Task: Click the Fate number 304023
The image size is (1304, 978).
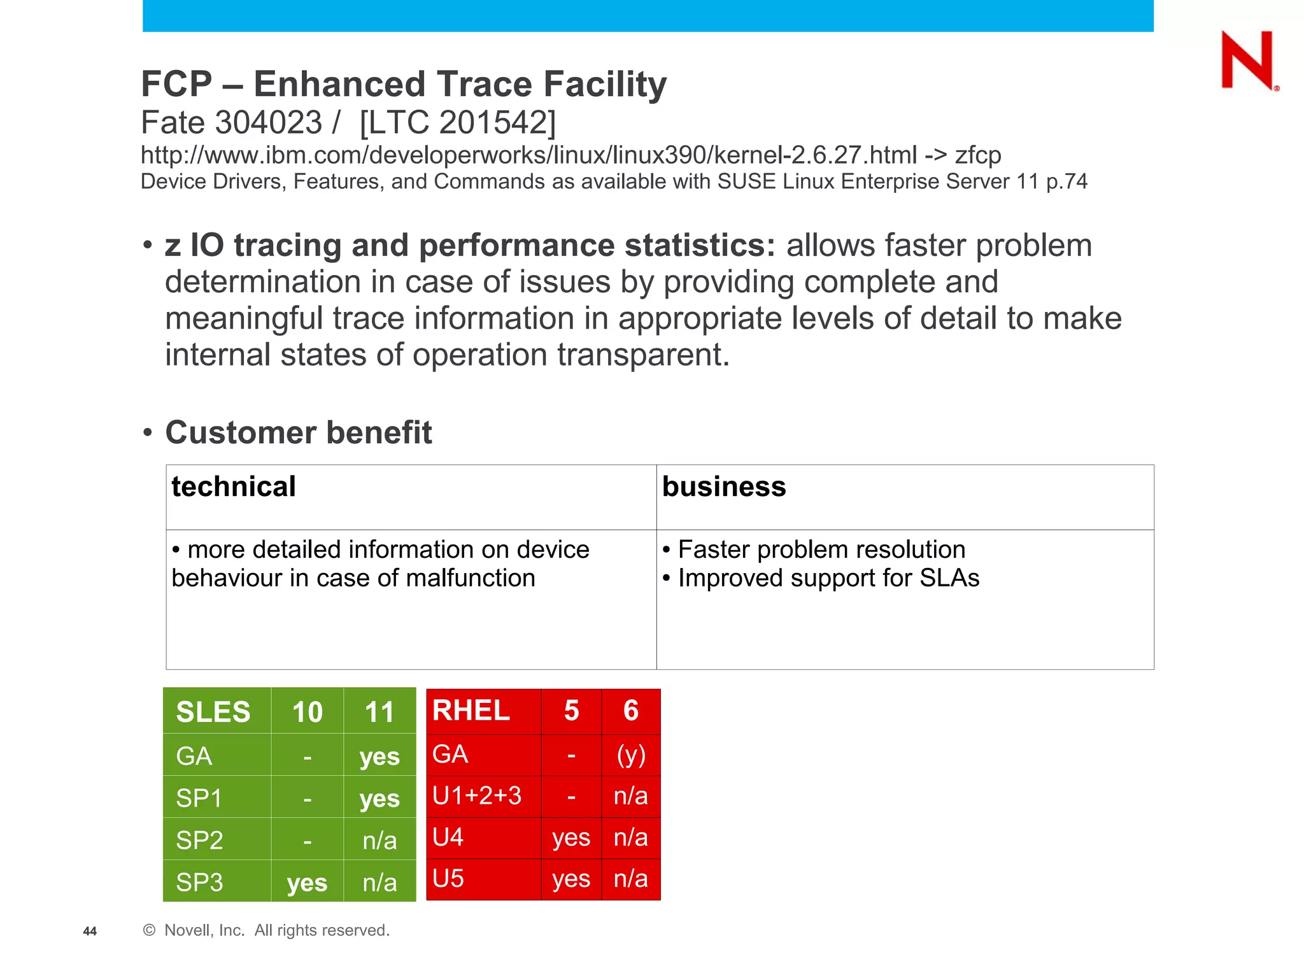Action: tap(269, 122)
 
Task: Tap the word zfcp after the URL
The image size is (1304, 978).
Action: tap(978, 155)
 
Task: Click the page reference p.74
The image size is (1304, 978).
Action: tap(1067, 181)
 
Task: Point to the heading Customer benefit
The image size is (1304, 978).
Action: tap(298, 432)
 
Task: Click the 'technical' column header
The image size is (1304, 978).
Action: tap(234, 486)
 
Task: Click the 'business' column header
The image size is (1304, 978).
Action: tap(724, 486)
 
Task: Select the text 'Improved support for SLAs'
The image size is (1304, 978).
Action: tap(828, 578)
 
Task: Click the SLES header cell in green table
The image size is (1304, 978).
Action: tap(213, 711)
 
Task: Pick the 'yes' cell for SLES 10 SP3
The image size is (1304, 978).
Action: tap(307, 882)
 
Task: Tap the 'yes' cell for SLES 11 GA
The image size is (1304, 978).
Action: tap(379, 756)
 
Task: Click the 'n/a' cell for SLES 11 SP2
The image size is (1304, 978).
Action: tap(379, 840)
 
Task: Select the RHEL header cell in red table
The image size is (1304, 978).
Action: tap(471, 710)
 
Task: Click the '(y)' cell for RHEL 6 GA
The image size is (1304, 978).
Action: tap(631, 755)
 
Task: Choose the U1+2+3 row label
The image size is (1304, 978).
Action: tap(477, 796)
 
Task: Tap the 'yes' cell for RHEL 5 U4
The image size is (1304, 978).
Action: tap(571, 837)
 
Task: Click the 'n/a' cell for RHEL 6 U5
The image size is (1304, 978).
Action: tap(631, 879)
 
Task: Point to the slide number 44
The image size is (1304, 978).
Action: tap(90, 931)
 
